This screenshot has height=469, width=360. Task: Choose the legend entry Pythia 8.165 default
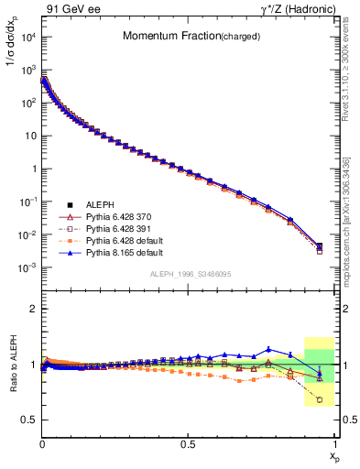(132, 251)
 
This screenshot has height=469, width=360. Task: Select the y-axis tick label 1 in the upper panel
(33, 169)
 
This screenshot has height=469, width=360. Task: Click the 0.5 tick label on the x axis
(188, 443)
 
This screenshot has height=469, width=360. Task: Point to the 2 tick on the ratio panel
(34, 310)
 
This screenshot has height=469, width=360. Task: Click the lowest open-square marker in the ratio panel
(319, 399)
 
